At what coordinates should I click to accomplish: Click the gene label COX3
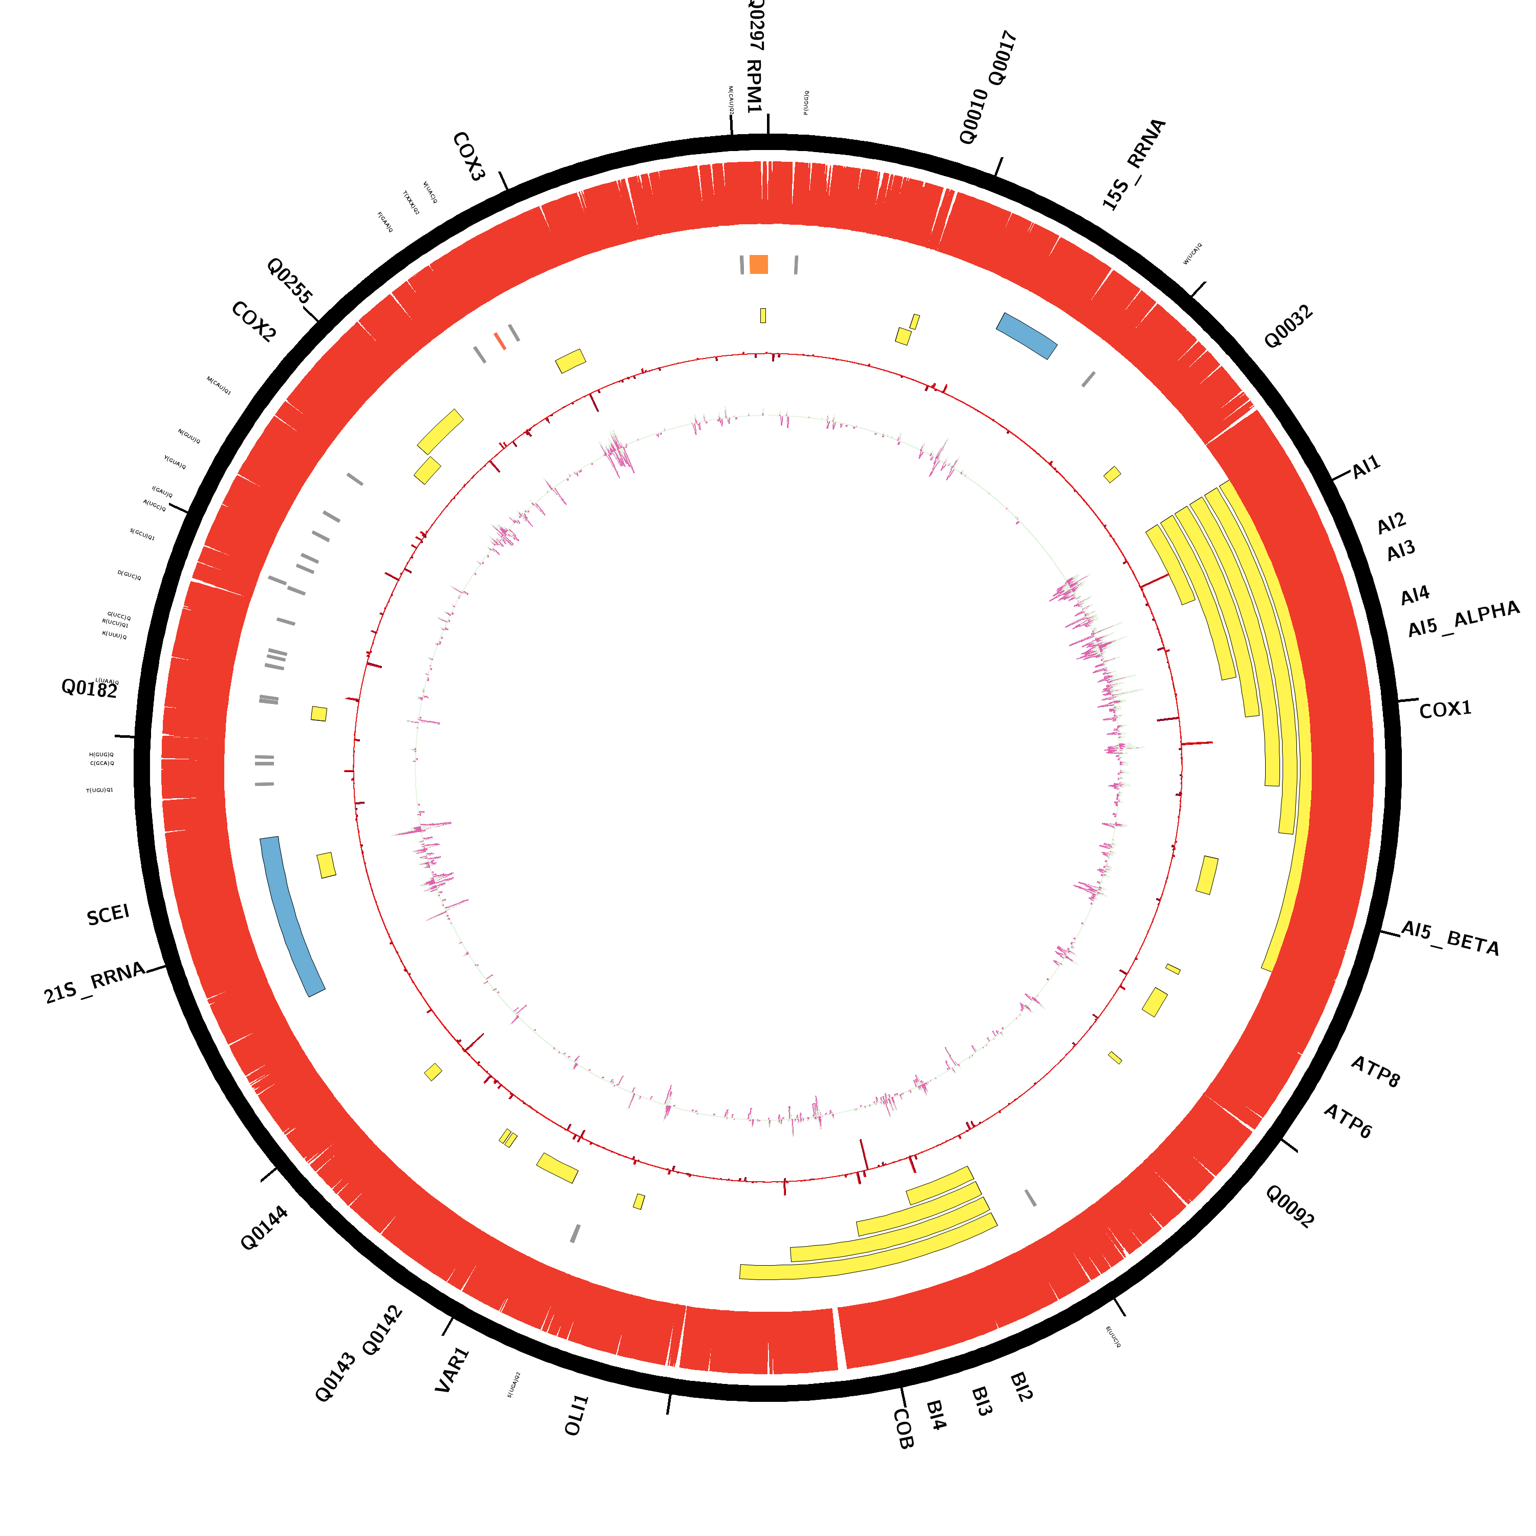click(468, 157)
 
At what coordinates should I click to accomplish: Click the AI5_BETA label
click(1450, 938)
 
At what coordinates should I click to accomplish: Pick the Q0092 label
click(1290, 1206)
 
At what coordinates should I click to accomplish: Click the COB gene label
click(903, 1428)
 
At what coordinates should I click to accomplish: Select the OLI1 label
click(577, 1415)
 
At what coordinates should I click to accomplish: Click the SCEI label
click(108, 915)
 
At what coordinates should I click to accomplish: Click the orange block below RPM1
click(758, 264)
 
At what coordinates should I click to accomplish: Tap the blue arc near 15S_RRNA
click(1027, 335)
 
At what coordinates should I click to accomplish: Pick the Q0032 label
click(1288, 327)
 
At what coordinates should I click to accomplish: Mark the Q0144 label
click(264, 1228)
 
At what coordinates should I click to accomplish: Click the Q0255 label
click(289, 280)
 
